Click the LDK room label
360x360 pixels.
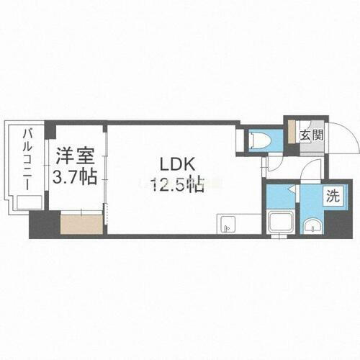click(x=174, y=164)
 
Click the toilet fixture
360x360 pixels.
click(x=257, y=140)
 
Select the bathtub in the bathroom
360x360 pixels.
click(x=279, y=225)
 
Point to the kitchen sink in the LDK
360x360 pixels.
click(x=225, y=225)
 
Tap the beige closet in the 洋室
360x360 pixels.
click(x=81, y=224)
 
